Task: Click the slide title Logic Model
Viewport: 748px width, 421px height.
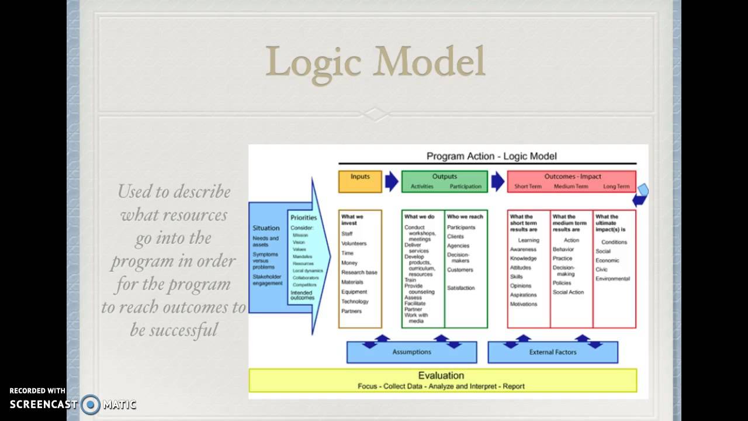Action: [x=375, y=62]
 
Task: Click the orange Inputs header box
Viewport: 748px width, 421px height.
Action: [x=360, y=181]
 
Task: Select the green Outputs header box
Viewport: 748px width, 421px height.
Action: [x=444, y=181]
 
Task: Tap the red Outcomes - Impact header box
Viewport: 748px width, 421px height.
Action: [x=572, y=181]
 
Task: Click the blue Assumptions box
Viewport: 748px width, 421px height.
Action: [x=411, y=352]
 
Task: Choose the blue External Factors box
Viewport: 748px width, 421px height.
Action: [x=552, y=352]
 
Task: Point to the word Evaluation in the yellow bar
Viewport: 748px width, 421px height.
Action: [x=441, y=375]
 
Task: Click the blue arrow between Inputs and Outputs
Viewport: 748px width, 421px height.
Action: [x=392, y=181]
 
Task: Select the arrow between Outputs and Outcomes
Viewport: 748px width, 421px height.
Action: [x=497, y=181]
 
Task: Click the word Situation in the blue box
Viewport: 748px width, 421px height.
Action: [x=266, y=228]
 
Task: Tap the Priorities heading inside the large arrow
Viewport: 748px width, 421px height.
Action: [x=303, y=218]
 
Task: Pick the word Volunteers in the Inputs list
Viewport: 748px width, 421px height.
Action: [x=354, y=243]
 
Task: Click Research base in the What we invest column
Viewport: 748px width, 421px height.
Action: [x=359, y=272]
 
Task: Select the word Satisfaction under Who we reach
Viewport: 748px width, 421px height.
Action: [x=460, y=288]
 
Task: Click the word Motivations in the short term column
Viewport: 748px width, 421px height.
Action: [x=523, y=304]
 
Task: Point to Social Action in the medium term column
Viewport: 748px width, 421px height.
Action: [x=568, y=292]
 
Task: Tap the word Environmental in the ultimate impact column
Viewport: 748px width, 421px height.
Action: [x=612, y=279]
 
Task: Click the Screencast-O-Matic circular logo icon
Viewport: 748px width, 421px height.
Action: [x=91, y=404]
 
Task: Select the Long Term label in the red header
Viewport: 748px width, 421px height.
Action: [x=617, y=187]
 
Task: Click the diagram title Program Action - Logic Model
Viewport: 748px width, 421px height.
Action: [x=491, y=156]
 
